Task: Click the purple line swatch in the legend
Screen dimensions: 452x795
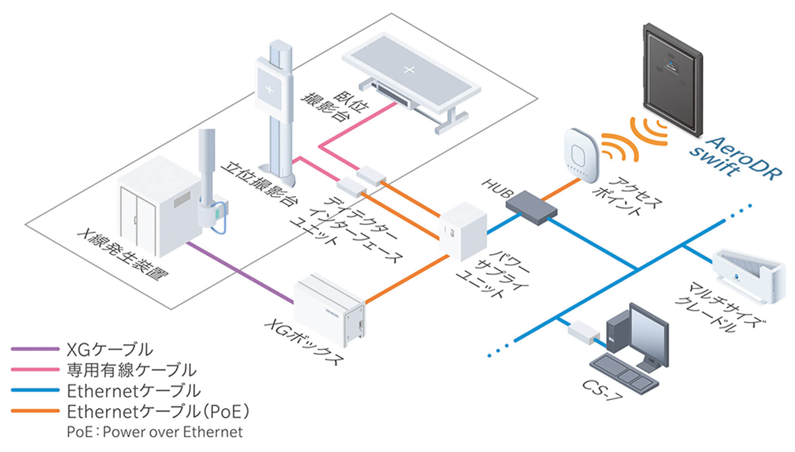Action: [35, 349]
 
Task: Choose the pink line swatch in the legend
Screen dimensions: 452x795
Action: [35, 369]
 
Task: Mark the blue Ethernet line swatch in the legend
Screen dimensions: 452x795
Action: [35, 390]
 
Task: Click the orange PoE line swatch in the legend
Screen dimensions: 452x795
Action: [35, 411]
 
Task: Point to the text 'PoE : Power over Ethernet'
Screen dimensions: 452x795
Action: [155, 432]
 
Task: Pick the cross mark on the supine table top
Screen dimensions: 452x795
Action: [409, 70]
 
